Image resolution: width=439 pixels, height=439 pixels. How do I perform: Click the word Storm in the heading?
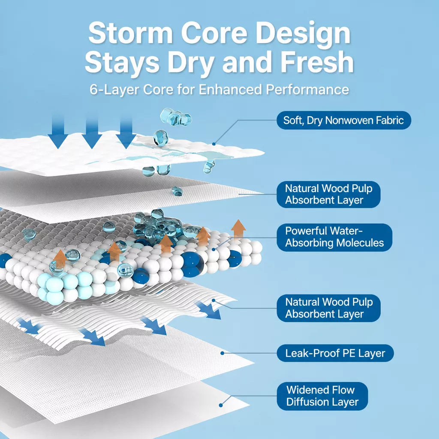130,33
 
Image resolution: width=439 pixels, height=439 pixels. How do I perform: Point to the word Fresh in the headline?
317,62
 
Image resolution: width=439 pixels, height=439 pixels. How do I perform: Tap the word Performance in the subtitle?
307,89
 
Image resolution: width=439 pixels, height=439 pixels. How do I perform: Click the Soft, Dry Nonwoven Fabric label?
343,120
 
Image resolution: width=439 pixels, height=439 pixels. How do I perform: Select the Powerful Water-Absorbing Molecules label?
334,238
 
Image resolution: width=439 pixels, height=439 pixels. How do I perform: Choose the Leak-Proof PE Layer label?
335,353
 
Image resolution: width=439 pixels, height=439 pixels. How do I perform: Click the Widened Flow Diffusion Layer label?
322,396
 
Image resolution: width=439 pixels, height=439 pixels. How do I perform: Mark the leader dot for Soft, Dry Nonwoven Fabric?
213,144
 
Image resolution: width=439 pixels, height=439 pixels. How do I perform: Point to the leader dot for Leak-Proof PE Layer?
222,353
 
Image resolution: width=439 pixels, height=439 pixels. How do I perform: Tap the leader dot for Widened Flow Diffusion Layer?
221,405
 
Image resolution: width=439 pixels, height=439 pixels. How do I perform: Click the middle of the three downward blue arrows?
92,132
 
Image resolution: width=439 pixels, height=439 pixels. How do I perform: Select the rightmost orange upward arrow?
238,229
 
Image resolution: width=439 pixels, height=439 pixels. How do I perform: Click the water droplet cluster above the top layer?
175,117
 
